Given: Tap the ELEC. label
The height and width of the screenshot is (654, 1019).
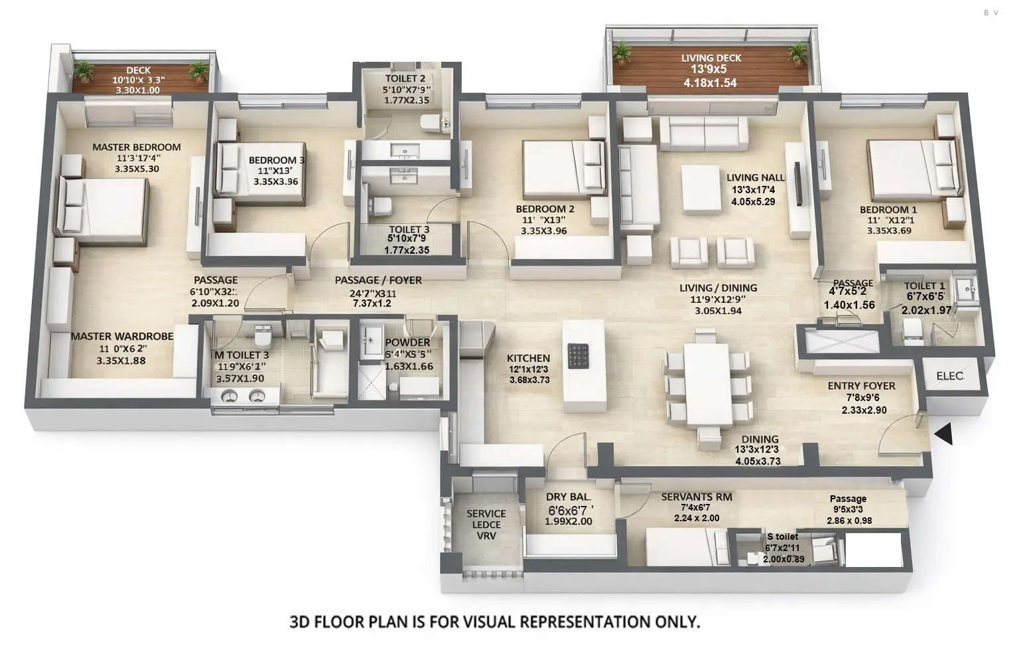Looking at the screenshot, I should point(949,376).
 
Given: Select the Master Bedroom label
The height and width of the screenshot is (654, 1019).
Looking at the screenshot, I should point(136,147).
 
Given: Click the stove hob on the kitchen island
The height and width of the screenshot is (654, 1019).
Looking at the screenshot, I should point(578,356).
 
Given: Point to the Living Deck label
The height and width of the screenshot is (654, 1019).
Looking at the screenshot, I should point(711,58).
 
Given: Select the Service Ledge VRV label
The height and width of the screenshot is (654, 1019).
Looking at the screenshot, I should point(486,525).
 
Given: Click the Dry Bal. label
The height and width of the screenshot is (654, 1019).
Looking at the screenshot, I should point(568,497).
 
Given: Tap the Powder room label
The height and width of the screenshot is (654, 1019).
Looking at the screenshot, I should point(407,342).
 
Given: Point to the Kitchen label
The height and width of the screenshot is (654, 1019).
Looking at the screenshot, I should point(528,358).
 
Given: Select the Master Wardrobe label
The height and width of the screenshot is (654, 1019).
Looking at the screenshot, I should point(121,337).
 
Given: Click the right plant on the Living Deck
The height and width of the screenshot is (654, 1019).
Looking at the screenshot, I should point(796,52).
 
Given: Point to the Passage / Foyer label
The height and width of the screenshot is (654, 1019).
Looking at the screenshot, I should point(377,280).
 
